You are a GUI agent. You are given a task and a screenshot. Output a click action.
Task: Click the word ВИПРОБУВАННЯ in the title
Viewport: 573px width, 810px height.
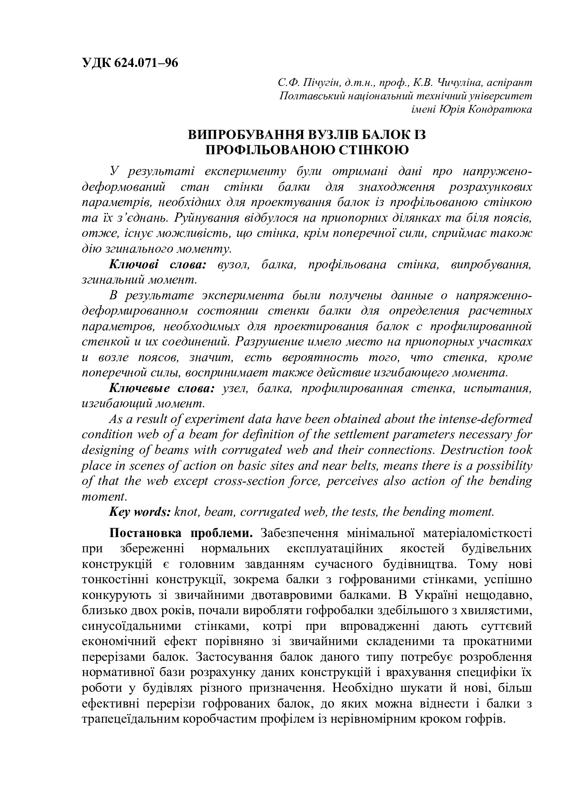coord(245,135)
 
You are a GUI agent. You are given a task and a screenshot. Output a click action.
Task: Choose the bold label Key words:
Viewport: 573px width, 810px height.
coord(140,512)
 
